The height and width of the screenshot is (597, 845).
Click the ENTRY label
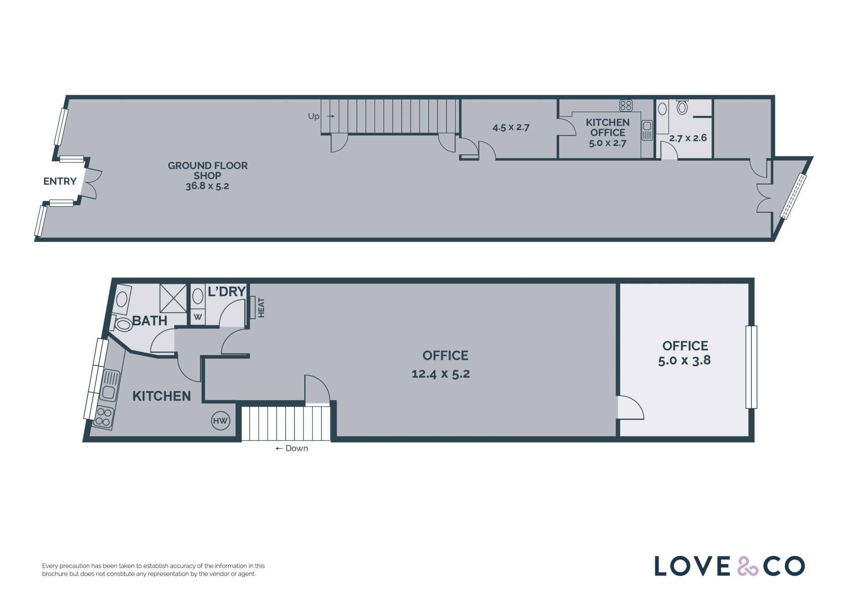tap(60, 181)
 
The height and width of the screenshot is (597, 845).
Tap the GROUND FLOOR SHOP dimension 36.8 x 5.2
tap(207, 186)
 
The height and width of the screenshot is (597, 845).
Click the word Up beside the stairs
tap(313, 116)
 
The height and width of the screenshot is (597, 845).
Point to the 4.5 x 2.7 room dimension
tap(511, 127)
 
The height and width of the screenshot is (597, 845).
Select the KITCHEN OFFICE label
tap(608, 127)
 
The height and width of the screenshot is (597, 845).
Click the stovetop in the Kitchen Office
tap(626, 105)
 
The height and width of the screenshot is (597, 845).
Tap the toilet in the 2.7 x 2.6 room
tap(682, 107)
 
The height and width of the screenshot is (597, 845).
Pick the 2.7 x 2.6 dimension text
tap(688, 138)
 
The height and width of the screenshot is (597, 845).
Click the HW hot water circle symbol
tap(220, 421)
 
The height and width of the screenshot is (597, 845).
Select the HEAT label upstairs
tap(261, 308)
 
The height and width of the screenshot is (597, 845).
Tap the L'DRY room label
tap(226, 291)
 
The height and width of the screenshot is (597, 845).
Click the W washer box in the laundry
tap(198, 317)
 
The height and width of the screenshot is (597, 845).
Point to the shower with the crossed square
tap(173, 298)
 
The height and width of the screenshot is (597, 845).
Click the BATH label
tap(150, 321)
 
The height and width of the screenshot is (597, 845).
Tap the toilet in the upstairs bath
tap(121, 324)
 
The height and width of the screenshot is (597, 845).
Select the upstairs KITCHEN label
tap(162, 396)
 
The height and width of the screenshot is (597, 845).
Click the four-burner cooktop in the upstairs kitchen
tap(104, 417)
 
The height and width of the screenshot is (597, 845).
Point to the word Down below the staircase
tap(297, 449)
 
